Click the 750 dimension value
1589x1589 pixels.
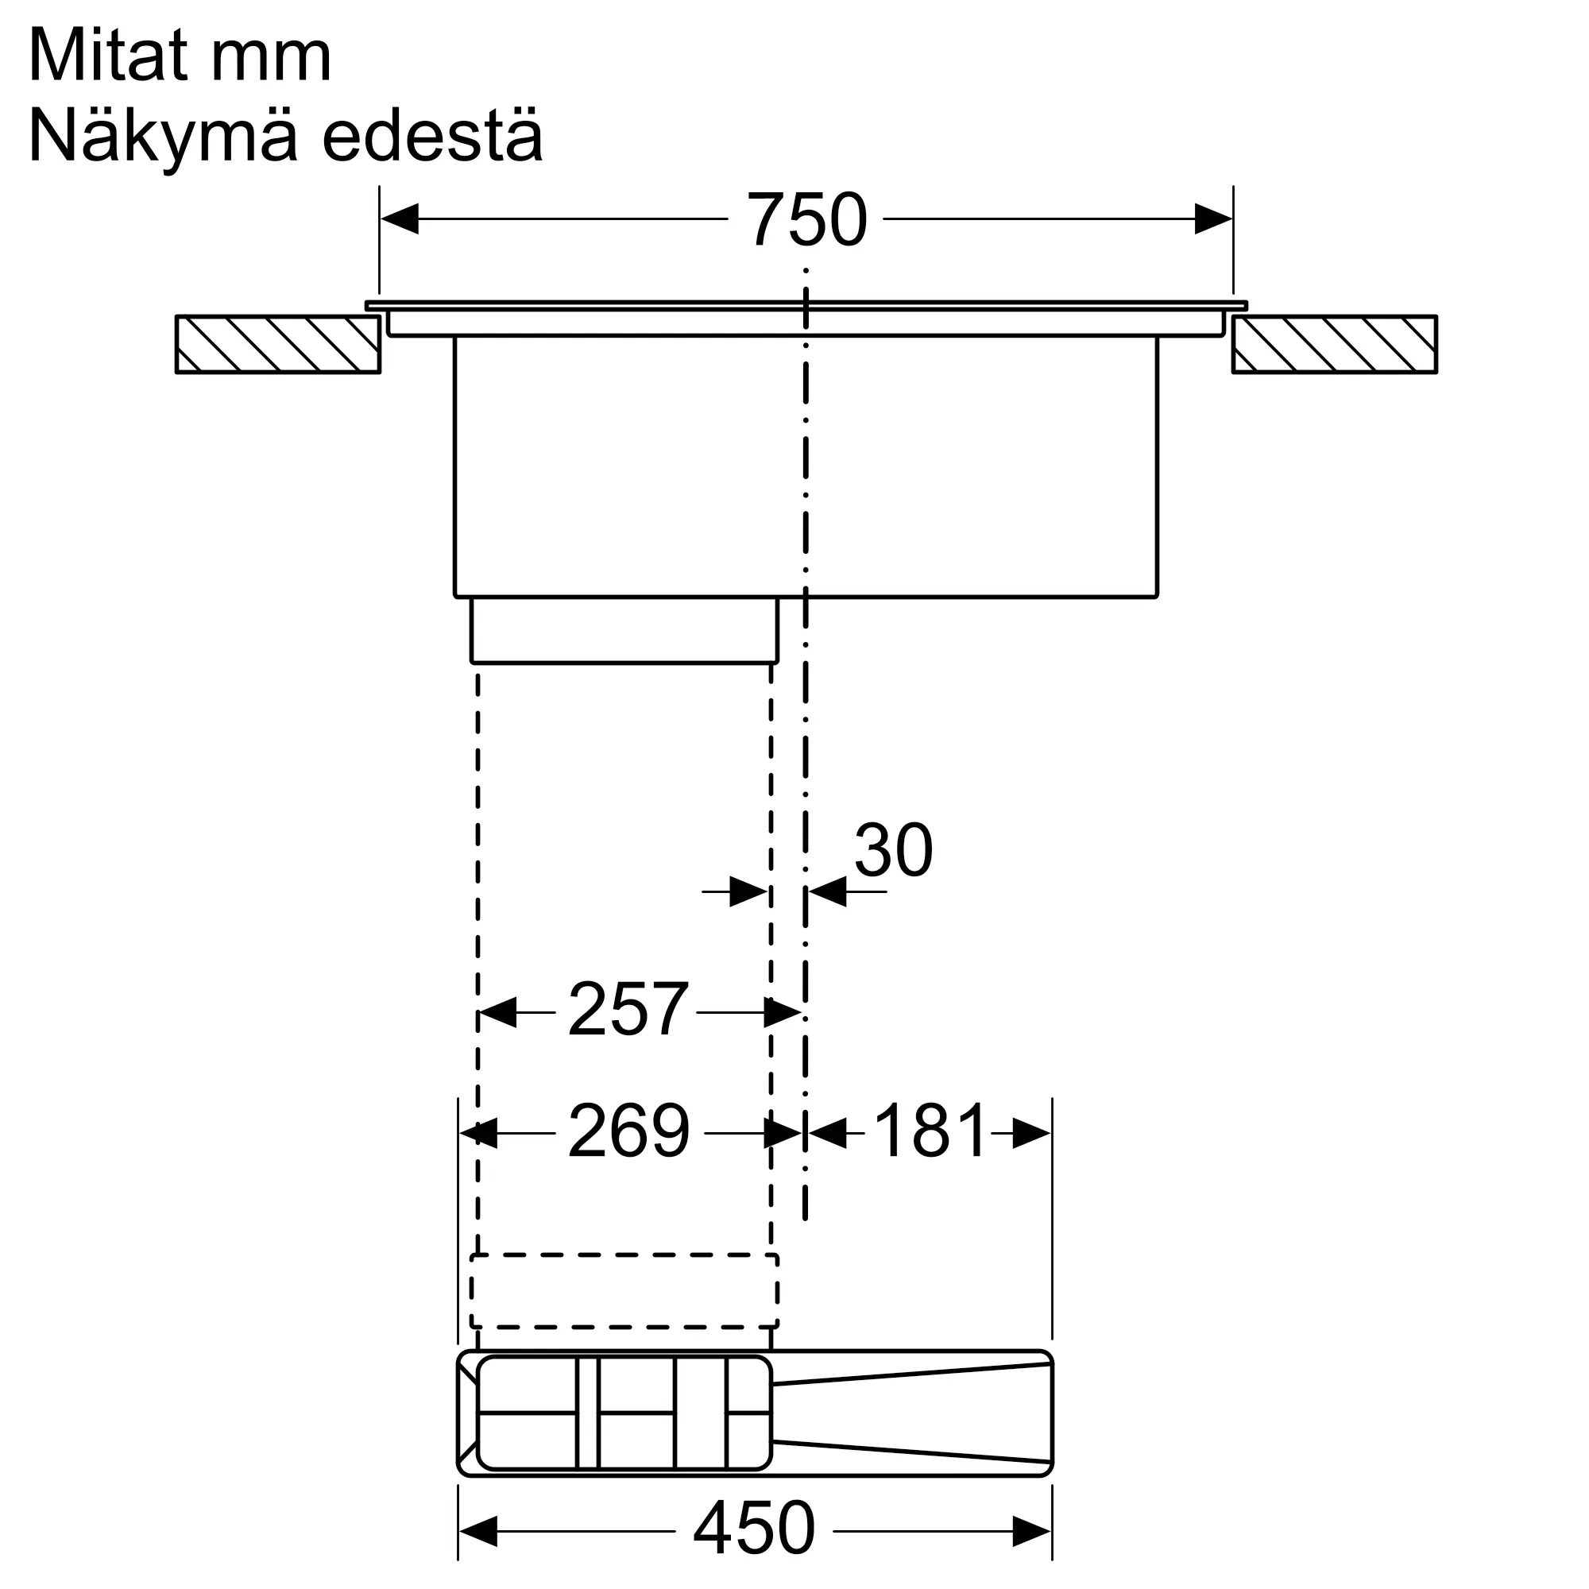pos(806,219)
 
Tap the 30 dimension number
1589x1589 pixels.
pos(893,850)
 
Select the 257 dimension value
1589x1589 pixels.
pos(628,1009)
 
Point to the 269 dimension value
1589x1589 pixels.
pos(628,1131)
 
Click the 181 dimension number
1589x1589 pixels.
pos(930,1131)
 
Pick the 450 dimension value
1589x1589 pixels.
pos(754,1528)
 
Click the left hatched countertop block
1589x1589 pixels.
pos(278,345)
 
